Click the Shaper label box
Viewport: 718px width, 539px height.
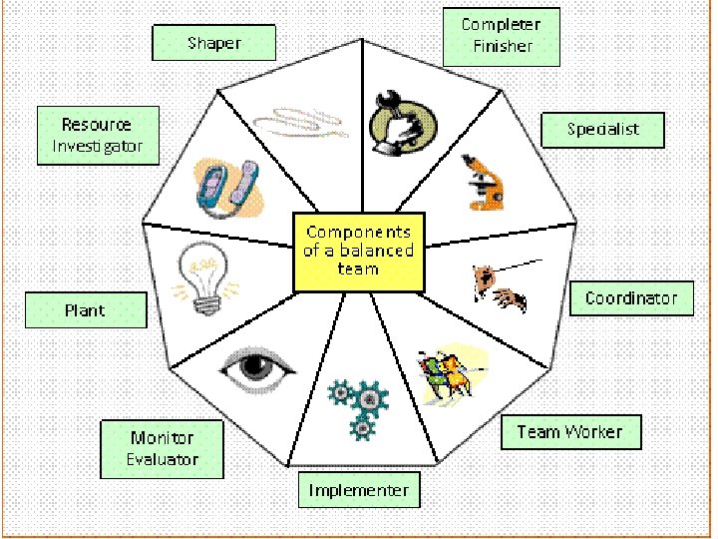click(x=214, y=43)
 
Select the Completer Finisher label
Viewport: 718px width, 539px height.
click(x=502, y=36)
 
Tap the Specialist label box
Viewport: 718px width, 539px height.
click(x=602, y=129)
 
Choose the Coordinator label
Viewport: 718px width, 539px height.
click(x=631, y=298)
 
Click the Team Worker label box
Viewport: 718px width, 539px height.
click(x=569, y=432)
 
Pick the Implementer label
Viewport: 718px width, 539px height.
click(x=359, y=490)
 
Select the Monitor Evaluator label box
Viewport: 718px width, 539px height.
click(x=163, y=449)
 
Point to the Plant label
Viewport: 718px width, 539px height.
click(x=86, y=310)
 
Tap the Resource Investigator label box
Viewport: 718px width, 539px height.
click(x=98, y=136)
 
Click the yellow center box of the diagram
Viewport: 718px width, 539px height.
click(x=359, y=253)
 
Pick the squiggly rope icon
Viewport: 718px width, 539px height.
click(x=299, y=124)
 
